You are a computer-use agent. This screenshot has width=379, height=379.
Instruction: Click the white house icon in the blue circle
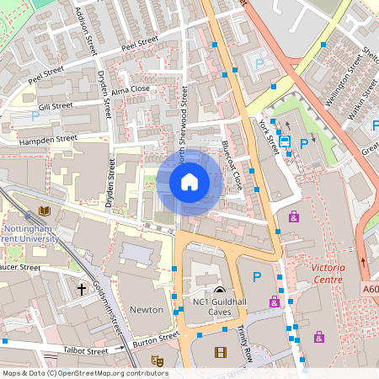tap(189, 181)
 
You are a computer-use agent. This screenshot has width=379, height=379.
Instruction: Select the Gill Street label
tap(56, 106)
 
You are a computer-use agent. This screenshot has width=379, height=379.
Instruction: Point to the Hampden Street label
tap(48, 139)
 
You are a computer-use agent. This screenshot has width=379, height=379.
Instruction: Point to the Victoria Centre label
tap(328, 272)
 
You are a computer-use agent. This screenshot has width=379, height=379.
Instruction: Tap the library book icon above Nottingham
tap(44, 211)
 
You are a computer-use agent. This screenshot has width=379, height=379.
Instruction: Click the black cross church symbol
tap(82, 289)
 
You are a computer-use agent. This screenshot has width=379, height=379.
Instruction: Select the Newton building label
tap(147, 309)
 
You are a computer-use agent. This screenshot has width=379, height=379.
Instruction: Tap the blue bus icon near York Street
tap(285, 142)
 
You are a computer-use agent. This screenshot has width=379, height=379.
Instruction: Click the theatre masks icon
tap(157, 360)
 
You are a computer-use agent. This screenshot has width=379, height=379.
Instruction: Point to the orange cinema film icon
tap(221, 353)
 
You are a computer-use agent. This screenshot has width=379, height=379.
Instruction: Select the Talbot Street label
tap(85, 350)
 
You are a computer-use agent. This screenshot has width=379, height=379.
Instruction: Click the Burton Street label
tap(157, 340)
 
